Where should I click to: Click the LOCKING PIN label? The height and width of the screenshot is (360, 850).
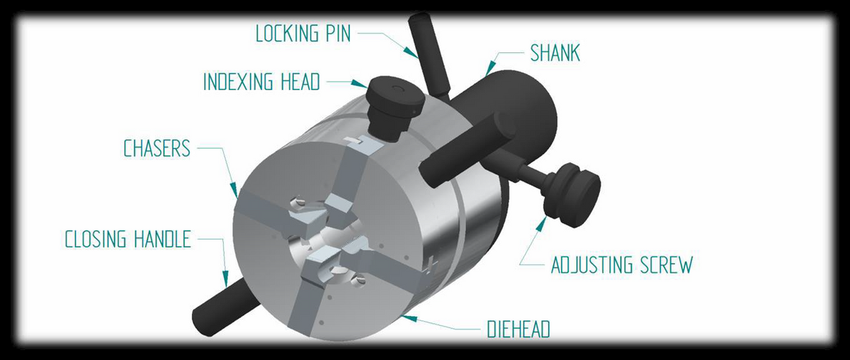[303, 33]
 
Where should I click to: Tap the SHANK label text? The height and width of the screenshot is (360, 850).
[555, 53]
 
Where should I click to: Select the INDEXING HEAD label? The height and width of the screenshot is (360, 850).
[262, 81]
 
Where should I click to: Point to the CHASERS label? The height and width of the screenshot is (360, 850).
[157, 148]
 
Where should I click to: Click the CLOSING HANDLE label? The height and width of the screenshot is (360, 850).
[128, 240]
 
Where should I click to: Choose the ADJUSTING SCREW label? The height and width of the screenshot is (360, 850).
[622, 265]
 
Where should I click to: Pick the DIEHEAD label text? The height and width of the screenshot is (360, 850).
[518, 330]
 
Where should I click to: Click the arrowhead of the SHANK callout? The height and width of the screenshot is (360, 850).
[490, 67]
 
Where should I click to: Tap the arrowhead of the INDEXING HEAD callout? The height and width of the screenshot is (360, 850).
[359, 84]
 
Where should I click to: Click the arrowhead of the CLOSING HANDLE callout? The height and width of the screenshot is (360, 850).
[225, 279]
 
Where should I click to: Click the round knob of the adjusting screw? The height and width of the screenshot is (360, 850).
[573, 194]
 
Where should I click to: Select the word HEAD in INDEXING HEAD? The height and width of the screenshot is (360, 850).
[300, 81]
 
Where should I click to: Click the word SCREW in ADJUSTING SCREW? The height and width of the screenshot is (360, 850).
[667, 265]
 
